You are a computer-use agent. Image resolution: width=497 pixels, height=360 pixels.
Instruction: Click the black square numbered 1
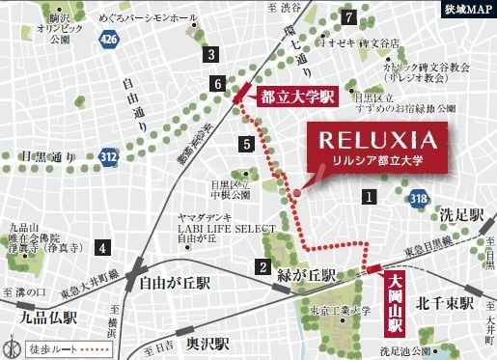(x=368, y=197)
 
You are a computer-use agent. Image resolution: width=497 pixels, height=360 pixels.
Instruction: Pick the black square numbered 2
(x=262, y=267)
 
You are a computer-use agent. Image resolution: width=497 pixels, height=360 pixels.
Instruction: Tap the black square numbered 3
(x=210, y=54)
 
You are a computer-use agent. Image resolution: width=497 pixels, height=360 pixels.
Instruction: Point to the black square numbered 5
(x=248, y=145)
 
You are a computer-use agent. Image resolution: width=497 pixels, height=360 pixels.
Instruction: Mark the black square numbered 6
(x=219, y=85)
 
